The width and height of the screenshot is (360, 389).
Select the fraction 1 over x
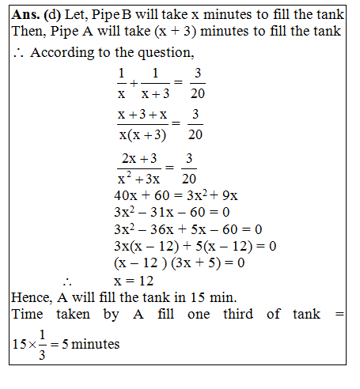click(121, 81)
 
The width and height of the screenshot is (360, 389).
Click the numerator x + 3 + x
click(142, 115)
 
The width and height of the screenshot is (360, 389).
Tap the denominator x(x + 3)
click(142, 134)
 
